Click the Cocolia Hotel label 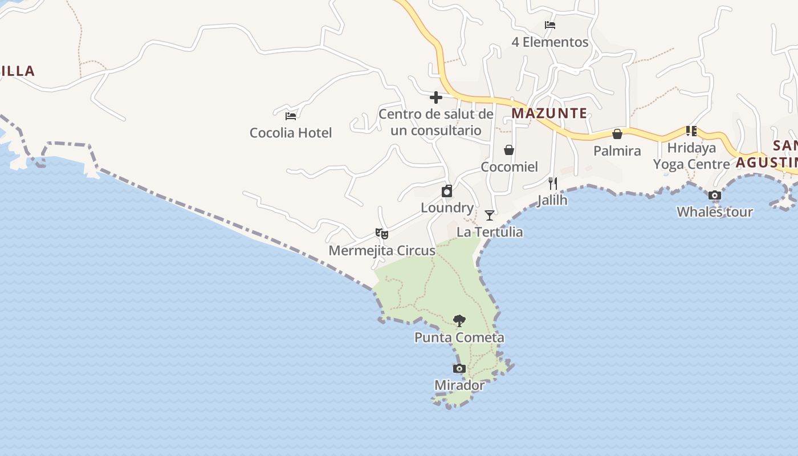pos(291,133)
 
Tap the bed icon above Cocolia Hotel pos(291,116)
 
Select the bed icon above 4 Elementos pos(550,25)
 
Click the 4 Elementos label pos(550,42)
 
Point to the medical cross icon pos(436,97)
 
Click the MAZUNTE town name pos(549,113)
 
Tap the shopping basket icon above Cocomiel pos(509,150)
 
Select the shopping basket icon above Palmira pos(617,134)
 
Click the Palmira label pos(617,151)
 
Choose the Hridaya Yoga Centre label pos(691,156)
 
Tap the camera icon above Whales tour pos(715,196)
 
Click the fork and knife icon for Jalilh pos(552,183)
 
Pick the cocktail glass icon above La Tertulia pos(490,215)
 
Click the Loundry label pos(447,208)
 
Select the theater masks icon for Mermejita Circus pos(382,233)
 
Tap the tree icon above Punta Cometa pos(459,321)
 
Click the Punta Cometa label pos(459,337)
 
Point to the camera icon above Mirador pos(459,369)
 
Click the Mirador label pos(459,385)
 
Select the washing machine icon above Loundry pos(447,191)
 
